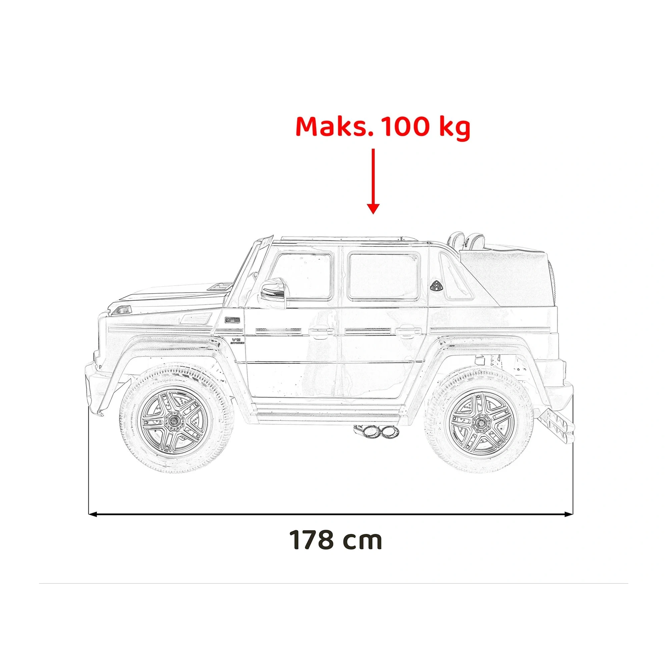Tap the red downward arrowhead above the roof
pos(373,208)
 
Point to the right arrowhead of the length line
pos(569,524)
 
